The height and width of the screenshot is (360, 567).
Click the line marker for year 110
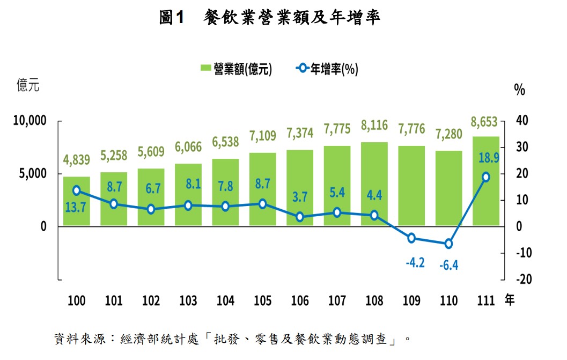448,244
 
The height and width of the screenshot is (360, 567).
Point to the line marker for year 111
486,177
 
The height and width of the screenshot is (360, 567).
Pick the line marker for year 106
300,217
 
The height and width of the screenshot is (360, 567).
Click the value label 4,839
77,159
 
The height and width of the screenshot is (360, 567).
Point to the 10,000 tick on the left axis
30,121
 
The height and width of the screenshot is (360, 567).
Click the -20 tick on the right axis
523,280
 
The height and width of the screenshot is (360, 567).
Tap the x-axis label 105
262,300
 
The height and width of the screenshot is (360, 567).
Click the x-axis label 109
411,300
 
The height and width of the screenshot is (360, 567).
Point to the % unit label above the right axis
519,90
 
